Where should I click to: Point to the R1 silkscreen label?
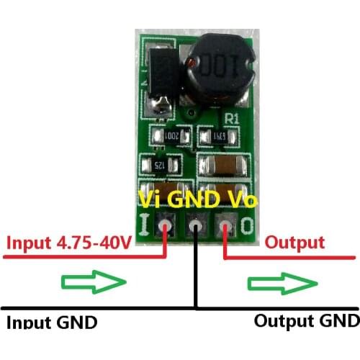coord(232,117)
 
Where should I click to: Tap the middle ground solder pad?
coord(195,227)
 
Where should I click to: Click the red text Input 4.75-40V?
coord(69,243)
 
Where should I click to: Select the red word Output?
coord(294,243)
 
